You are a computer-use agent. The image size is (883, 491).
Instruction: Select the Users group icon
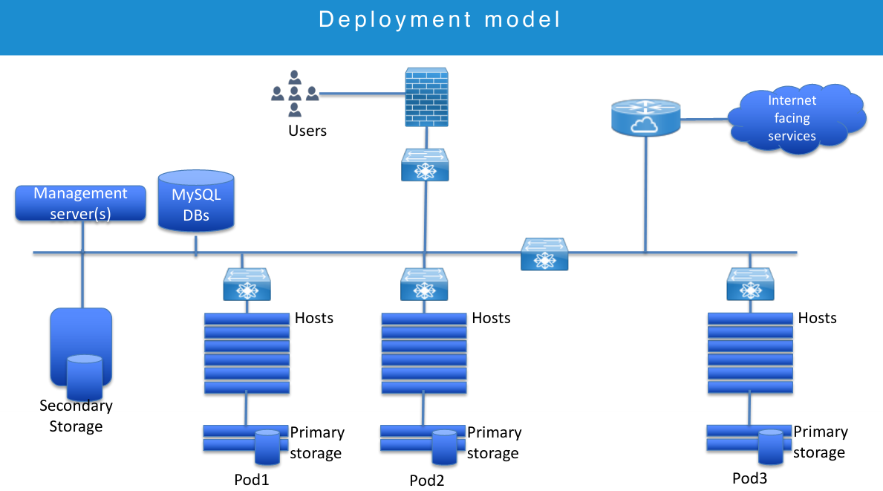[x=295, y=93]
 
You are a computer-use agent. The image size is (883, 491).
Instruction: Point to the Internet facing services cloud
[x=792, y=119]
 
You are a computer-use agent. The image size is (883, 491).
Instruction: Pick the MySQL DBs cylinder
[x=196, y=201]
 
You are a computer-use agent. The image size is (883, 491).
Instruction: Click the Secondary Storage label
[x=76, y=416]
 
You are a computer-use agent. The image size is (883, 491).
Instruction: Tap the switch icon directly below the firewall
[x=425, y=165]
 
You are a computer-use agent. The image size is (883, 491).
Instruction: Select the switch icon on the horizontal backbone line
[x=545, y=254]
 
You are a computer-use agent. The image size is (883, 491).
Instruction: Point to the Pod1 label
[x=251, y=479]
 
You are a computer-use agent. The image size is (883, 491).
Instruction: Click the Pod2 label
[x=427, y=480]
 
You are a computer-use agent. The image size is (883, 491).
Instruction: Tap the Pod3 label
[x=749, y=478]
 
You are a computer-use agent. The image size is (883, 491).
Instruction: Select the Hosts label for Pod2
[x=491, y=318]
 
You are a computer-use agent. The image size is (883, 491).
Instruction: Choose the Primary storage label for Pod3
[x=820, y=442]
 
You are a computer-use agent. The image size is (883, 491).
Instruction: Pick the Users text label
[x=307, y=131]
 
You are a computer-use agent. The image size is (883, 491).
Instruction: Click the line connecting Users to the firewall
[x=362, y=94]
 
